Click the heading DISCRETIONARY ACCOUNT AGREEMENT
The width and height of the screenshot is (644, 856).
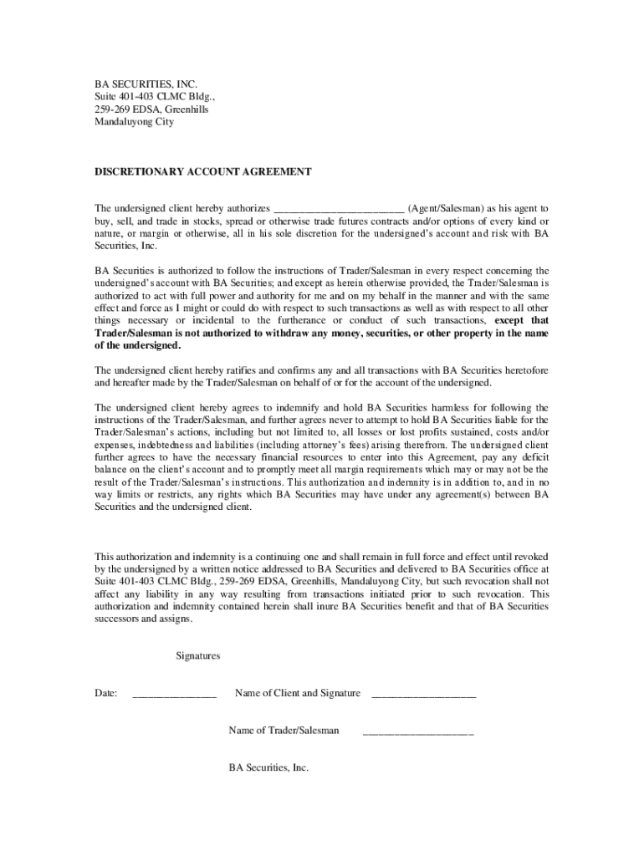point(202,171)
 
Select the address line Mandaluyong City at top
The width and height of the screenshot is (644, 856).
point(134,121)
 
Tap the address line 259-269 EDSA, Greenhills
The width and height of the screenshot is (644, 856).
point(151,109)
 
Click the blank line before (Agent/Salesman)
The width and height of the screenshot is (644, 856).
point(340,208)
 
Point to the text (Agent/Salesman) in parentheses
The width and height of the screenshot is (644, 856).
point(446,207)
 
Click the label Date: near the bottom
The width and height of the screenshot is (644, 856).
point(105,693)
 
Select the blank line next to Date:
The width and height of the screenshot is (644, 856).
point(174,695)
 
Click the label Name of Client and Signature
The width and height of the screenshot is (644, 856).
point(298,693)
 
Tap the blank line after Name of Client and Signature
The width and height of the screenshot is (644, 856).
point(423,695)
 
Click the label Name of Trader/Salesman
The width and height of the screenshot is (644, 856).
point(284,731)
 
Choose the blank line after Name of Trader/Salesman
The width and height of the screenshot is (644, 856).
point(418,732)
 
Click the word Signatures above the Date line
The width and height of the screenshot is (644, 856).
point(198,656)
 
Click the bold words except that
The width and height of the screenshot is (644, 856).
point(522,320)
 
